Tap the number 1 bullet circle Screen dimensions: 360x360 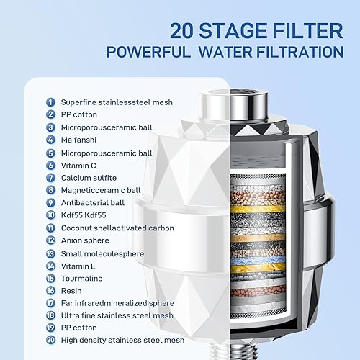[50, 102]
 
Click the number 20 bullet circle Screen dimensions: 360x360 [50, 340]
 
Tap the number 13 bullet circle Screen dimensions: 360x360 [50, 253]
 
